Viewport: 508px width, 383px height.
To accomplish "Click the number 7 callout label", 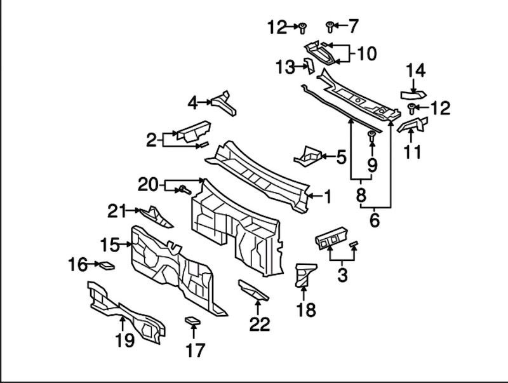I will (x=353, y=26).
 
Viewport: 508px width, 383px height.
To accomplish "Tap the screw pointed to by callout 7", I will (x=330, y=26).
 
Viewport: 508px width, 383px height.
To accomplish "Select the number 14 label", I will (x=416, y=71).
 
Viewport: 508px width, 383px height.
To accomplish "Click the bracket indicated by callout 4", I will (x=223, y=103).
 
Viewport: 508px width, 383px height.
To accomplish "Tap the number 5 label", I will (x=340, y=156).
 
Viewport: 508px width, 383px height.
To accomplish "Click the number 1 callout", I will (x=328, y=198).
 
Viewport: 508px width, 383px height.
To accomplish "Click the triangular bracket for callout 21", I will (x=157, y=217).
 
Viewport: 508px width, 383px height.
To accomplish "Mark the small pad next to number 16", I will (x=107, y=265).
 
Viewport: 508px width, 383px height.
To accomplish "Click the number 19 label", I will (x=124, y=340).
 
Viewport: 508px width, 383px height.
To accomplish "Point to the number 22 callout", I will (x=259, y=324).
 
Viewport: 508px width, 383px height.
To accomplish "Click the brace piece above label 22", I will (x=253, y=290).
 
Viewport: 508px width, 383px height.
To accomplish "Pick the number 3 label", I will (x=342, y=276).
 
